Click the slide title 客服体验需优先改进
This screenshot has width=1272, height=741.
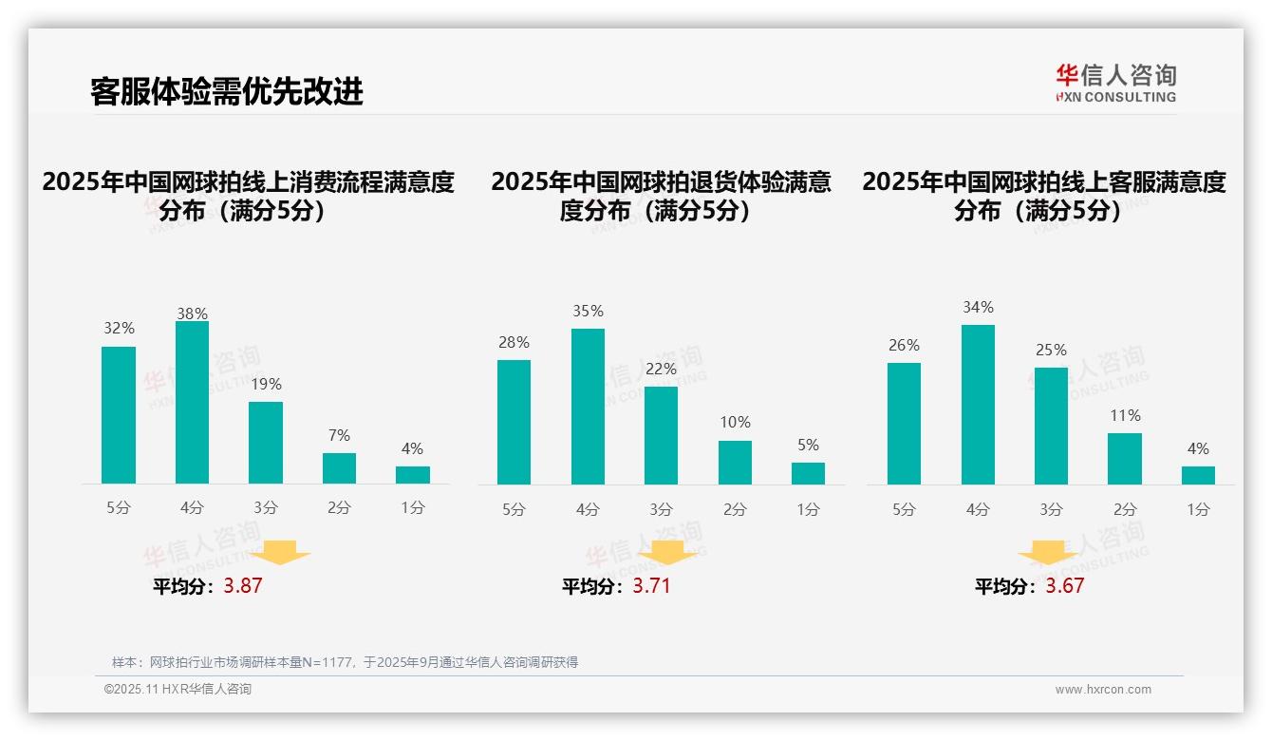point(226,92)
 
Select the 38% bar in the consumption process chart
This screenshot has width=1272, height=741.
point(193,403)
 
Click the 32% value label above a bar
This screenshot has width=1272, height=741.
point(120,329)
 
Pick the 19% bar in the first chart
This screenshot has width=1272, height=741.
point(266,443)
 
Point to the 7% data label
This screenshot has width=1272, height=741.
point(339,436)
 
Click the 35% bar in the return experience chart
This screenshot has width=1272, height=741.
point(588,407)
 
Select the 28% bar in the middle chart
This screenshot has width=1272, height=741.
point(514,422)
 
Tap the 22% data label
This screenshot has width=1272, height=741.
point(661,370)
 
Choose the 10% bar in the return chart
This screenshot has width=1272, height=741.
point(735,463)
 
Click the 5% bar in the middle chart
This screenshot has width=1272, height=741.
point(808,473)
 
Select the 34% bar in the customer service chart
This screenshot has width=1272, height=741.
point(978,405)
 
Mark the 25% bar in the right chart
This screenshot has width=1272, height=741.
point(1051,426)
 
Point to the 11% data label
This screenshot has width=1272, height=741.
point(1125,416)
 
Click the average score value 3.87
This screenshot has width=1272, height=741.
point(243,586)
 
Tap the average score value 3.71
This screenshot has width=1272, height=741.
point(651,586)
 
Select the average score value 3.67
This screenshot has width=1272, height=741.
point(1065,586)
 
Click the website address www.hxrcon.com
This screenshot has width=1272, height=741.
point(1103,690)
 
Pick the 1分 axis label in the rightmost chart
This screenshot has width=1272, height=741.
point(1198,510)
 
